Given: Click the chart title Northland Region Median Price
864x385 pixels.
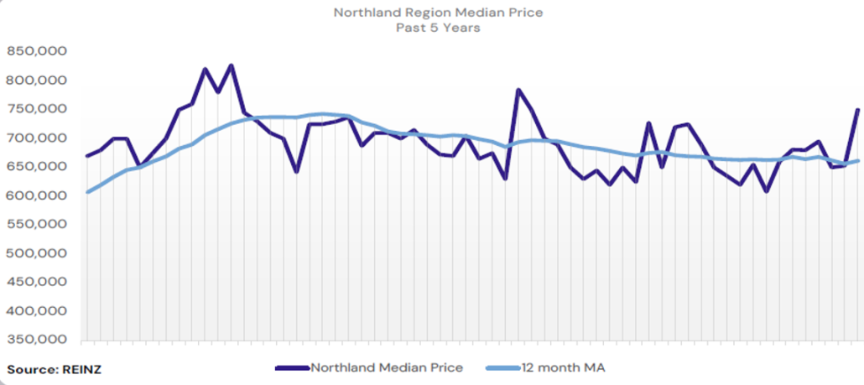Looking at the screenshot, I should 432,13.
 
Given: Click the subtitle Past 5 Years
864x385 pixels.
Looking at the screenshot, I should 432,28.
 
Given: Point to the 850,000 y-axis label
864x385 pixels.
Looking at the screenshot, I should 37,51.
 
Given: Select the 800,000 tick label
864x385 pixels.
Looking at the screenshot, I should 37,81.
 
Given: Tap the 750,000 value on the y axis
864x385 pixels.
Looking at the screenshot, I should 37,109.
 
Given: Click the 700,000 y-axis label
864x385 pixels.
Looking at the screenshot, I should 37,138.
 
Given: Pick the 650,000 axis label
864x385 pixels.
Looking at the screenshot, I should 37,167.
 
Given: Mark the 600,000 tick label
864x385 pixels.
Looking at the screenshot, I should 37,195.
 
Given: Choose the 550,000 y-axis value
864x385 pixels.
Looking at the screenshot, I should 37,225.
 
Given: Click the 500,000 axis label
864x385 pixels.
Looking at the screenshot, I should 37,253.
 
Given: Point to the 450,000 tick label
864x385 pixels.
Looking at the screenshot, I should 37,283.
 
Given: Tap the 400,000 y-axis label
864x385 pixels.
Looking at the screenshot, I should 37,311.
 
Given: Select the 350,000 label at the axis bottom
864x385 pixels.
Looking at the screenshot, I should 37,340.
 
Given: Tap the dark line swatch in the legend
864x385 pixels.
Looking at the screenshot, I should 292,367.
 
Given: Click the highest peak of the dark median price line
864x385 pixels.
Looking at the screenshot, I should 232,65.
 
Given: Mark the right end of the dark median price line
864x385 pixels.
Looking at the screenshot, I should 857,110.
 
